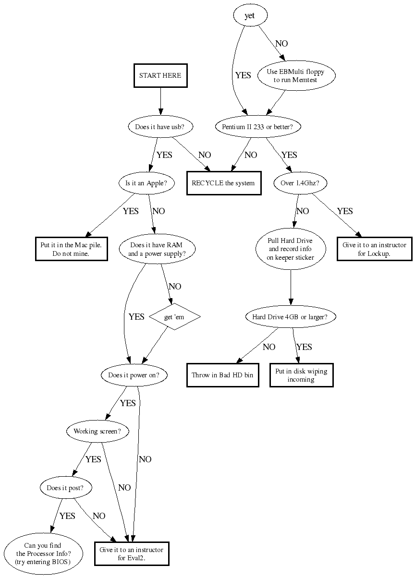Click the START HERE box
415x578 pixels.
coord(160,75)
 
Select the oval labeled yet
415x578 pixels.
coord(249,15)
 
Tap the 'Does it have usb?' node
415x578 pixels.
coord(160,127)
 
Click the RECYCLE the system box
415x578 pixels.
coord(223,183)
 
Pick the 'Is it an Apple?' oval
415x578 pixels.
coord(146,183)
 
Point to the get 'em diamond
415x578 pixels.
coord(174,316)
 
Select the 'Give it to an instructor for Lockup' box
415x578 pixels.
coord(374,249)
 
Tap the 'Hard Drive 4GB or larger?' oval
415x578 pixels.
coord(290,316)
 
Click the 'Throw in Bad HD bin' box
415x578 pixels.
coord(222,375)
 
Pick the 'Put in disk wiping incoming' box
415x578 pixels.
coord(301,375)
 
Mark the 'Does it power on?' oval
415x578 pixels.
coord(134,375)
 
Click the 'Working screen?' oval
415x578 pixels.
coord(98,431)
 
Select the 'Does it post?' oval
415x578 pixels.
coord(65,488)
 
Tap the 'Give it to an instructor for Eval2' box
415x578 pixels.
coord(131,554)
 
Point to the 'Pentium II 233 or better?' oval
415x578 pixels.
coord(257,127)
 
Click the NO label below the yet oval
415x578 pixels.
coord(281,44)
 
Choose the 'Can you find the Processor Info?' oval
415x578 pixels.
coord(42,554)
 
